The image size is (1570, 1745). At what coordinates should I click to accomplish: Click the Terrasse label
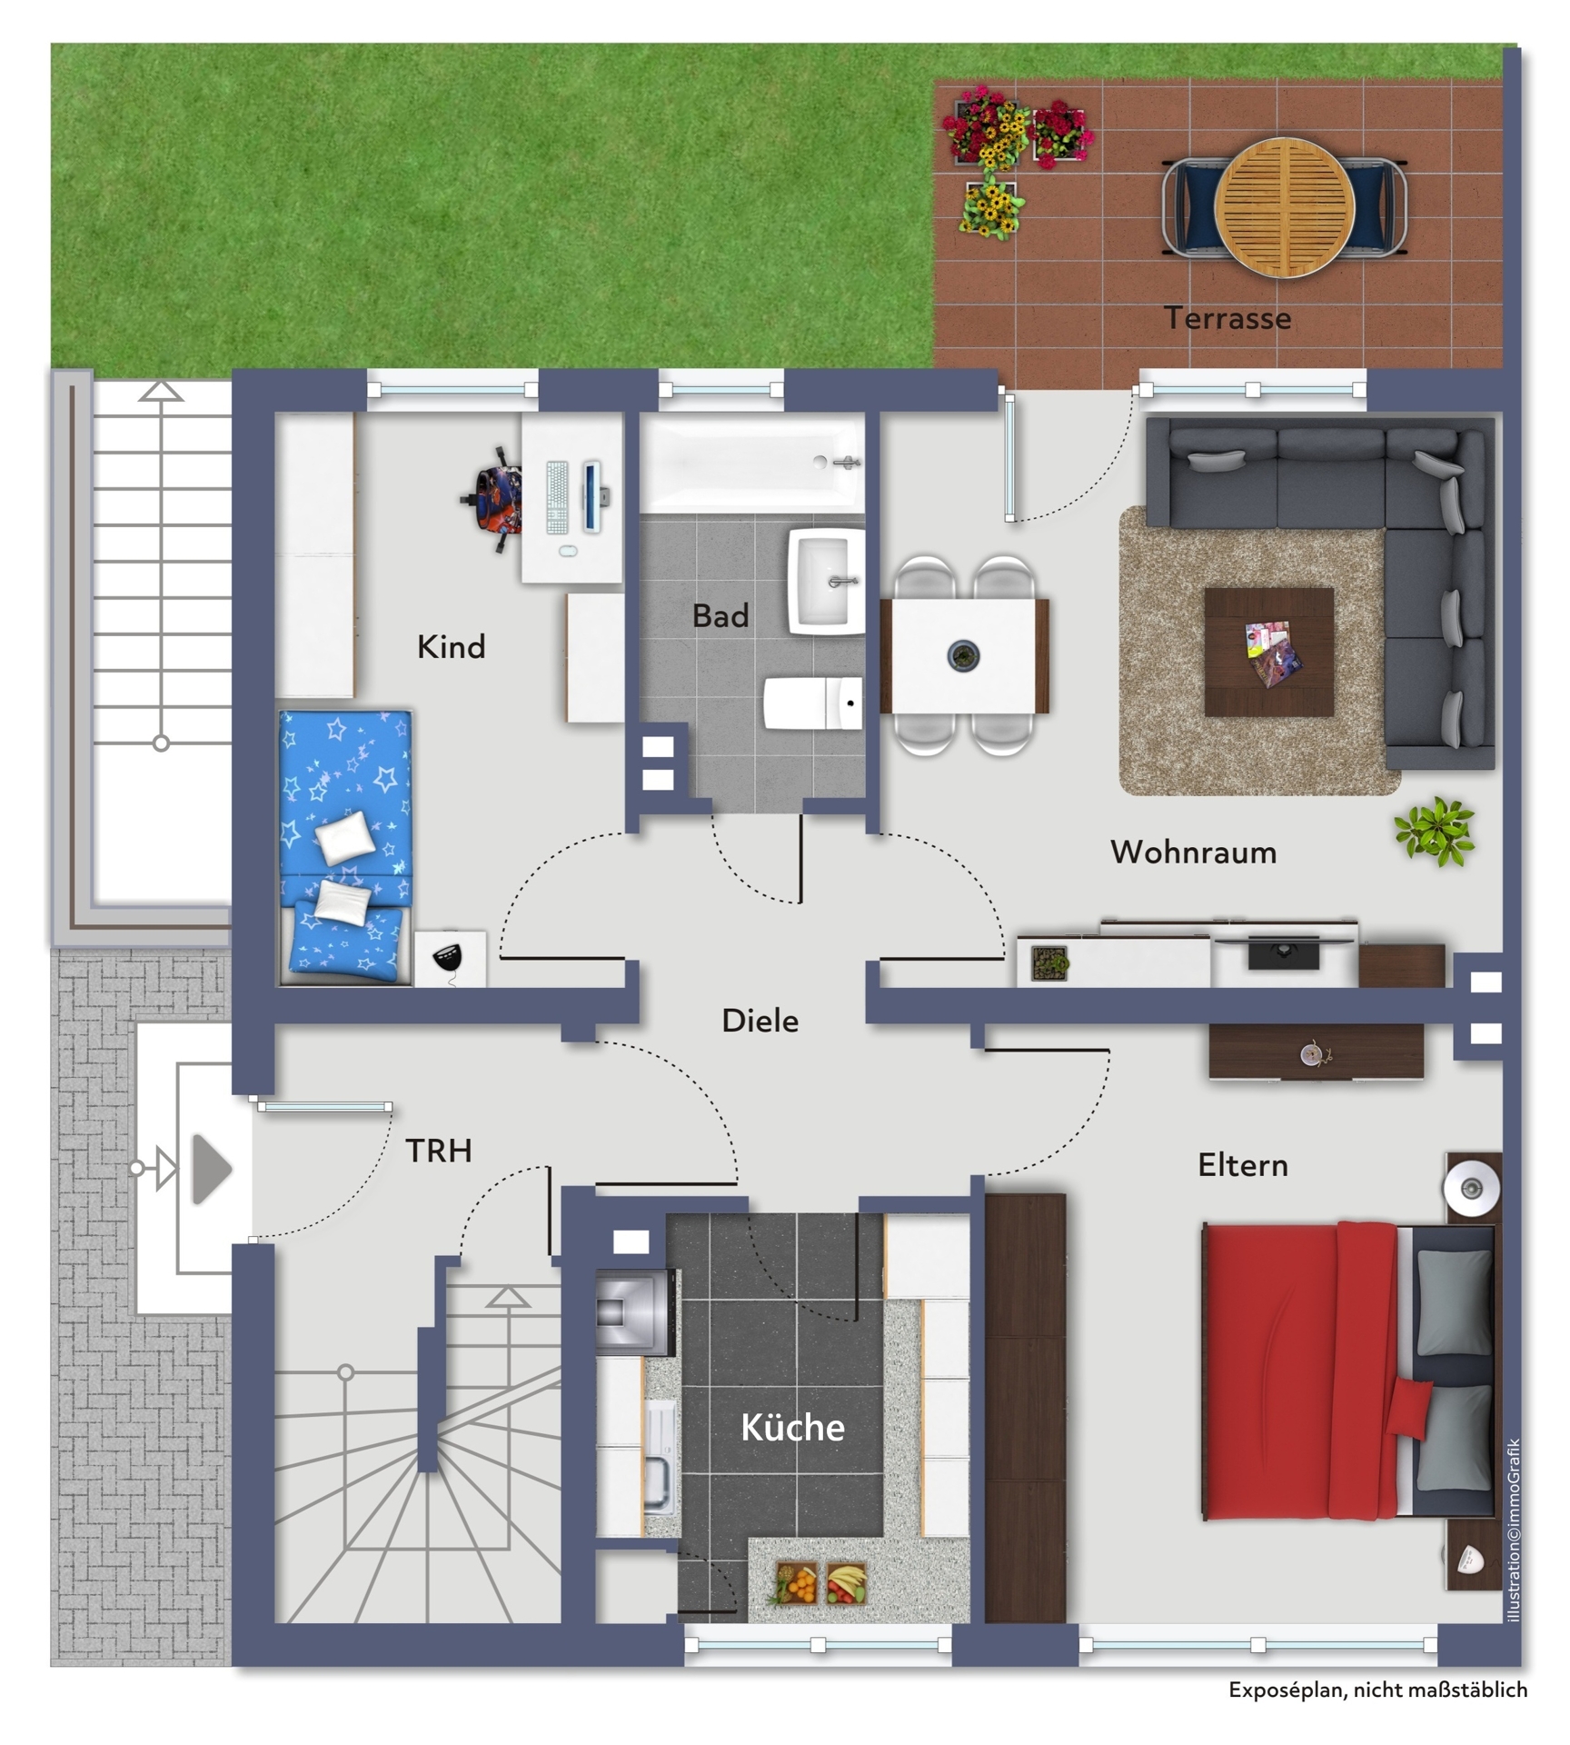point(1227,318)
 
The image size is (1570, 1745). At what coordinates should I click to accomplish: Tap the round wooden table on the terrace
point(1284,206)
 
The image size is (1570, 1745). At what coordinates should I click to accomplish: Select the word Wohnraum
point(1193,852)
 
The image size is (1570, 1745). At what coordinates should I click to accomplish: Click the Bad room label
point(720,615)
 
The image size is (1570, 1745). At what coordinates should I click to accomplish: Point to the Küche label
point(792,1427)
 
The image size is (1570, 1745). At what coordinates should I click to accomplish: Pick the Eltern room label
point(1242,1164)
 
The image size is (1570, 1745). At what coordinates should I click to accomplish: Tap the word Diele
point(760,1021)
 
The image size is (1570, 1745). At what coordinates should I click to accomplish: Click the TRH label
point(438,1151)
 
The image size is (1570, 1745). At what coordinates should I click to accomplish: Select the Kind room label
point(451,647)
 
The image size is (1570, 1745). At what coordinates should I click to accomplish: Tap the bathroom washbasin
point(826,582)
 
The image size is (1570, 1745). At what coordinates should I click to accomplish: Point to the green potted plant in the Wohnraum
point(1435,831)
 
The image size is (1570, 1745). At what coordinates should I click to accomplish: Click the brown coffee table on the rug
point(1269,653)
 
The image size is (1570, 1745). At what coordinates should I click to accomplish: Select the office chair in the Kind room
point(492,499)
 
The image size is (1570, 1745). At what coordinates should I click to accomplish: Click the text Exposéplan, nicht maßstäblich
point(1377,1690)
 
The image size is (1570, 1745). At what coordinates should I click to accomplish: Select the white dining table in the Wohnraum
point(964,655)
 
